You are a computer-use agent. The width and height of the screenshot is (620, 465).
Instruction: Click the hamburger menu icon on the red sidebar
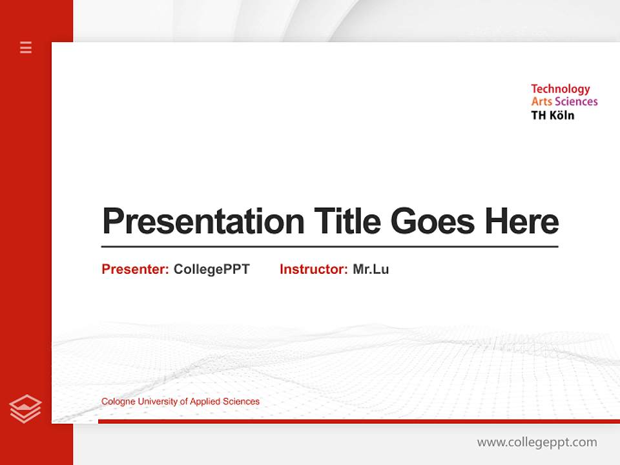(x=26, y=47)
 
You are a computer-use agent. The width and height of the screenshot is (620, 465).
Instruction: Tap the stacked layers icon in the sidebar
(x=25, y=409)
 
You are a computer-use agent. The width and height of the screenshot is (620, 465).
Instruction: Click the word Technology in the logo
(x=560, y=89)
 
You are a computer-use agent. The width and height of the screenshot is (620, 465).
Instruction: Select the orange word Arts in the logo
(x=541, y=101)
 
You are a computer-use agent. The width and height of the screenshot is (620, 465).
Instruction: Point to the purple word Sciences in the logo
(x=576, y=101)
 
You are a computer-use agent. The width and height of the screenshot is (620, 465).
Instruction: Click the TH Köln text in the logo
(x=552, y=115)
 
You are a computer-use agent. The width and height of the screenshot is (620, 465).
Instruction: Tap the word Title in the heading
(x=347, y=221)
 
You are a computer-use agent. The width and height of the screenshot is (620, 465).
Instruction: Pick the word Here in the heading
(x=522, y=221)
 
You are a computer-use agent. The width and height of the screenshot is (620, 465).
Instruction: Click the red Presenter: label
(x=135, y=269)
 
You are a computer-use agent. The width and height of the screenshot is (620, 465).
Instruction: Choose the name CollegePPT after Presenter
(x=211, y=269)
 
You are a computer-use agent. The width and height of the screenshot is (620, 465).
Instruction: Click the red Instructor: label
(x=313, y=269)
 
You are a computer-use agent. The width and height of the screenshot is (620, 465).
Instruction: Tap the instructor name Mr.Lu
(x=371, y=269)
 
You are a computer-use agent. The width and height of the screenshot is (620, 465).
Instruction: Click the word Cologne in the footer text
(x=118, y=402)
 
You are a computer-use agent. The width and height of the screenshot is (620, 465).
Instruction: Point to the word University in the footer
(x=157, y=402)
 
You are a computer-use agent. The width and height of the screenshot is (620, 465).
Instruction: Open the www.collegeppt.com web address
(x=537, y=442)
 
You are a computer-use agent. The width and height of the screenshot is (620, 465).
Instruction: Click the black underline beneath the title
(x=329, y=246)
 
